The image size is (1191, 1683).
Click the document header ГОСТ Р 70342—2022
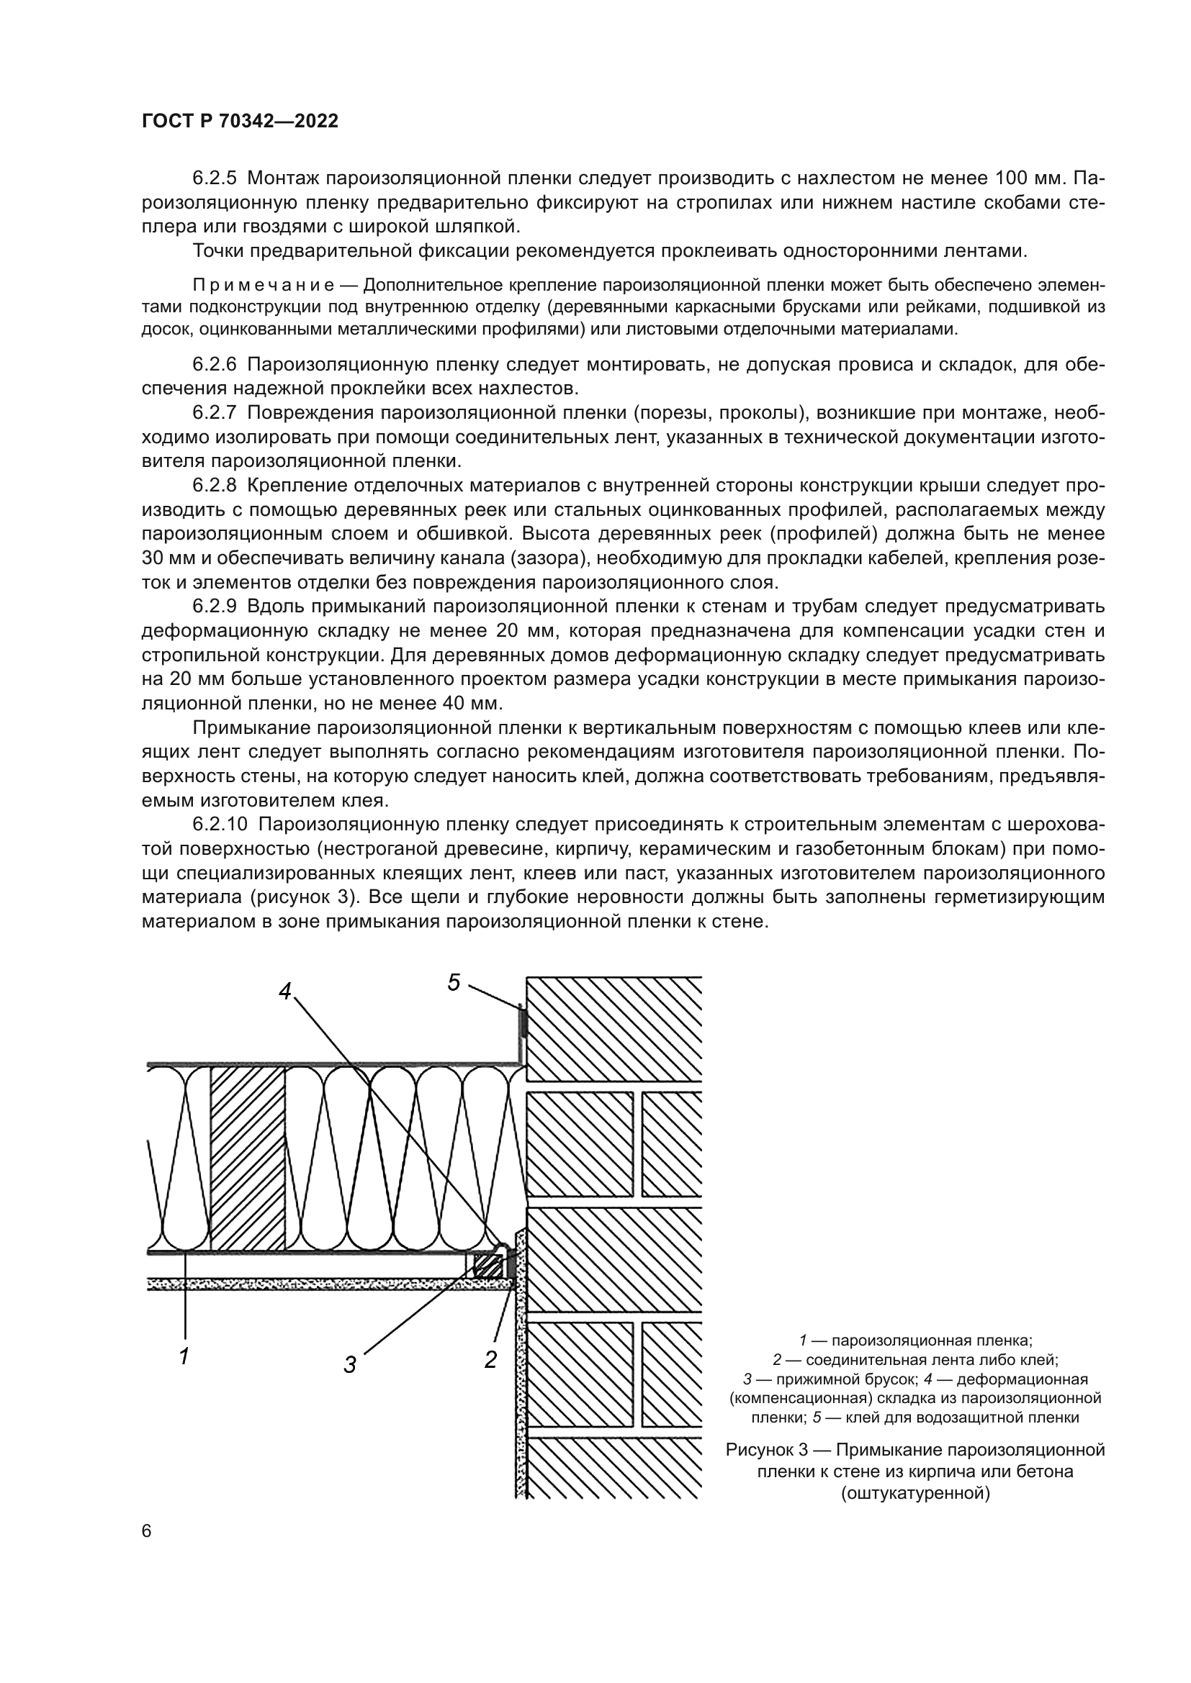point(240,122)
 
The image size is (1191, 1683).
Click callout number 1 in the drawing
point(185,1356)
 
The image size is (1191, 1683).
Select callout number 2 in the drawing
point(490,1360)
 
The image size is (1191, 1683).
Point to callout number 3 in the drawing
point(351,1365)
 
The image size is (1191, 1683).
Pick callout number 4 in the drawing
point(285,991)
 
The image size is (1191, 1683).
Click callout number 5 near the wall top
point(454,982)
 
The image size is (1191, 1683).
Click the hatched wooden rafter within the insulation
point(247,1158)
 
